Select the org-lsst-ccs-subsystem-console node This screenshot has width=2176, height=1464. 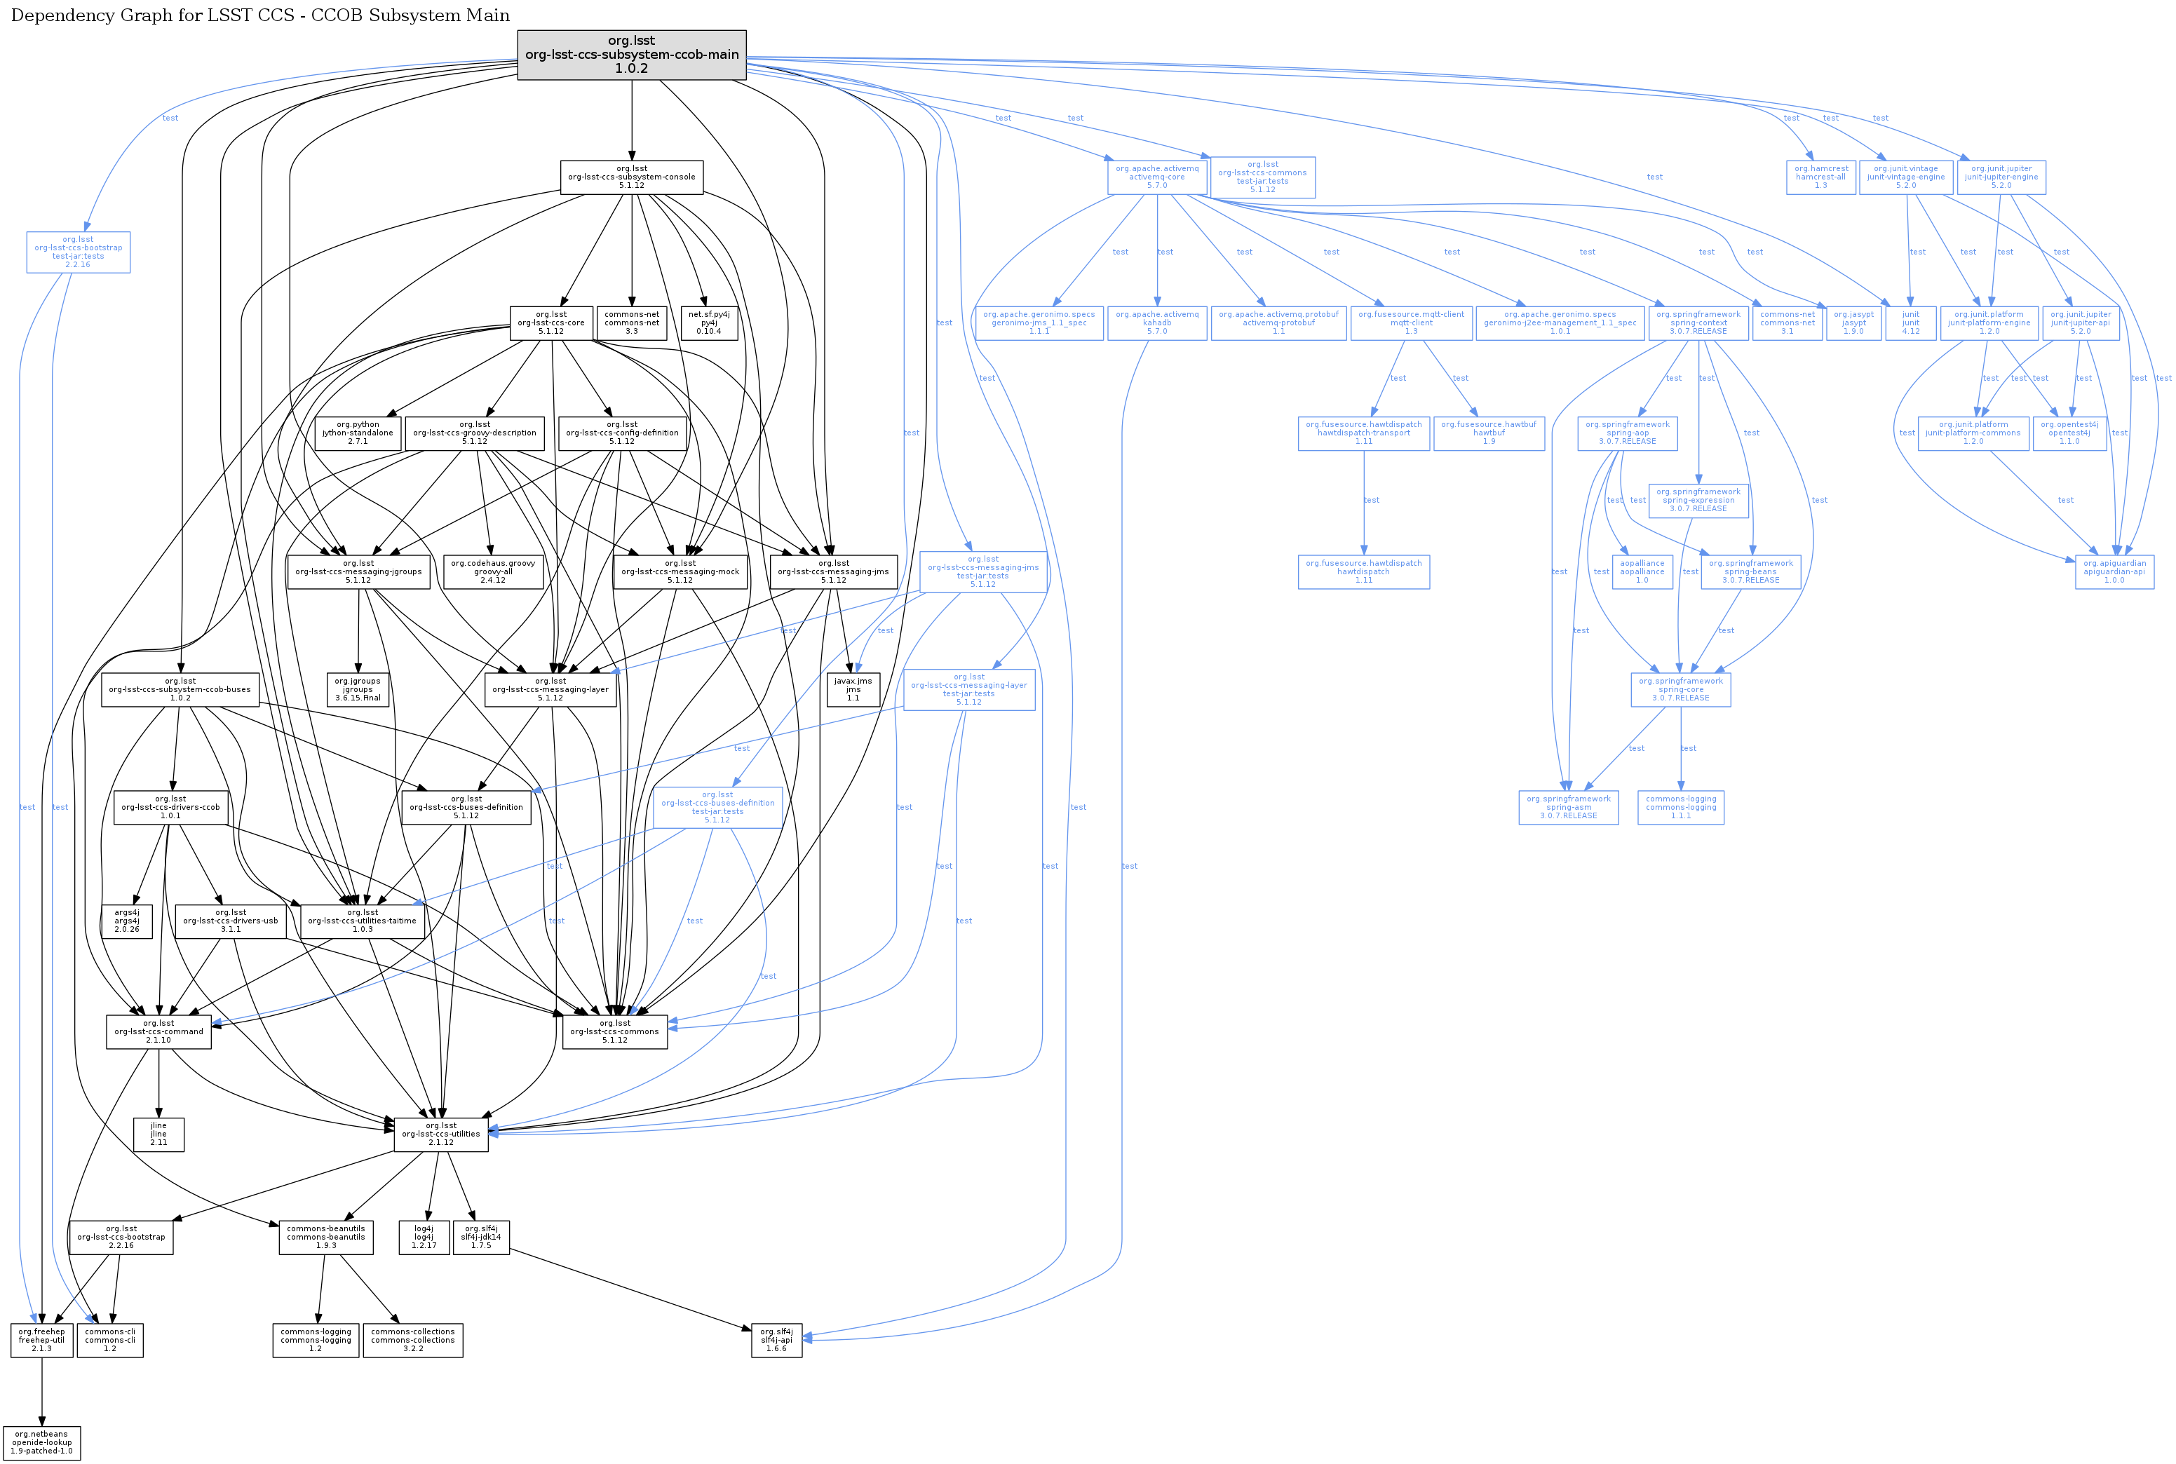(631, 177)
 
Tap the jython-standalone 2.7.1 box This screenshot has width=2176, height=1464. (358, 433)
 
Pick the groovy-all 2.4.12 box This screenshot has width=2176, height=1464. (492, 571)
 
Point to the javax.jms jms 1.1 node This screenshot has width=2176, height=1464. (853, 689)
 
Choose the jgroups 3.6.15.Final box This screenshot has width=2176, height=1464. (358, 689)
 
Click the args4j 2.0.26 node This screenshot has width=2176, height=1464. (127, 921)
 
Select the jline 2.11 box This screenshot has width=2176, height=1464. (158, 1134)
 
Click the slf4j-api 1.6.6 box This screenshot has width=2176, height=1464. (776, 1340)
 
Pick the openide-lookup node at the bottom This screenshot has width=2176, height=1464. (41, 1442)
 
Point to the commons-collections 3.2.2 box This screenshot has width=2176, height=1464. (413, 1340)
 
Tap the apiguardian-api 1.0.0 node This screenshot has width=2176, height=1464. (2114, 571)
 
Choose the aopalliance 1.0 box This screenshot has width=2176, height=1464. (1642, 571)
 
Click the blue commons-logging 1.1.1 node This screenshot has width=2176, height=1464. (1681, 808)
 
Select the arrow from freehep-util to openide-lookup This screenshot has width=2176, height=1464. (41, 1391)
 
